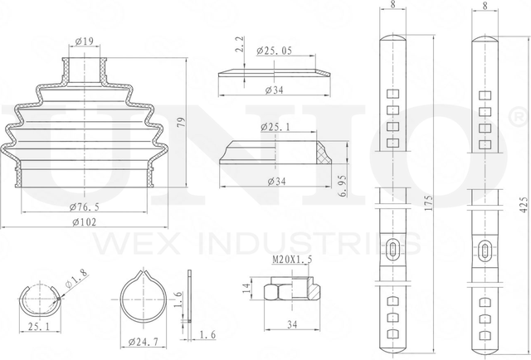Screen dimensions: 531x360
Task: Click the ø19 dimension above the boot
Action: (x=84, y=41)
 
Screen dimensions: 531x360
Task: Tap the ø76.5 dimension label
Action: (x=85, y=207)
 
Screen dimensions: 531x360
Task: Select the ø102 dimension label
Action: (x=85, y=222)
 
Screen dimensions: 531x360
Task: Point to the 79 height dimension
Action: (x=181, y=123)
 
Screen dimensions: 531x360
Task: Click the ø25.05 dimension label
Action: (x=275, y=51)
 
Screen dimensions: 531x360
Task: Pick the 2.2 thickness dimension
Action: (x=240, y=44)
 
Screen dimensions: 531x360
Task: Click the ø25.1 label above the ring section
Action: (x=275, y=128)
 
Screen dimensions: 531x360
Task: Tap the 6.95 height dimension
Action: (x=343, y=186)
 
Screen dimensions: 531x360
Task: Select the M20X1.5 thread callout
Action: (x=292, y=260)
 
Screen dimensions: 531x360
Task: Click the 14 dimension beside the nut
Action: (x=247, y=288)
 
